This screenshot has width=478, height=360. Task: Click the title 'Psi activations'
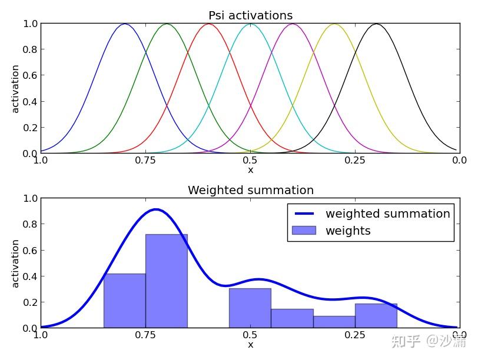250,15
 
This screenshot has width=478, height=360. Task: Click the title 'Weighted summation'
250,190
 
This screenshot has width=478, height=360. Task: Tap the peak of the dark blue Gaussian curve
125,24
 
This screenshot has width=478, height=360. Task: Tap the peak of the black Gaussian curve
376,24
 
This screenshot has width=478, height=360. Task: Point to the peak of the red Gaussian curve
209,24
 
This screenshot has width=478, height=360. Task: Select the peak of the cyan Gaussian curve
251,24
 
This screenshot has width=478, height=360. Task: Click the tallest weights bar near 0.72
167,281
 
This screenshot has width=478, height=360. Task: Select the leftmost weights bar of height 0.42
125,301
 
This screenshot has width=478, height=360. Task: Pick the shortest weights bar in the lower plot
334,322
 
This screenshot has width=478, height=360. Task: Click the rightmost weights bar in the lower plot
376,316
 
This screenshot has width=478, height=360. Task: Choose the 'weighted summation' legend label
387,214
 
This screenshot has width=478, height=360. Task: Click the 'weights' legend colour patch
304,231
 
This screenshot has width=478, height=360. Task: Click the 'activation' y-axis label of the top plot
15,88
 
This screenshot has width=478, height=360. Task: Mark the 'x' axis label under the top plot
250,170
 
